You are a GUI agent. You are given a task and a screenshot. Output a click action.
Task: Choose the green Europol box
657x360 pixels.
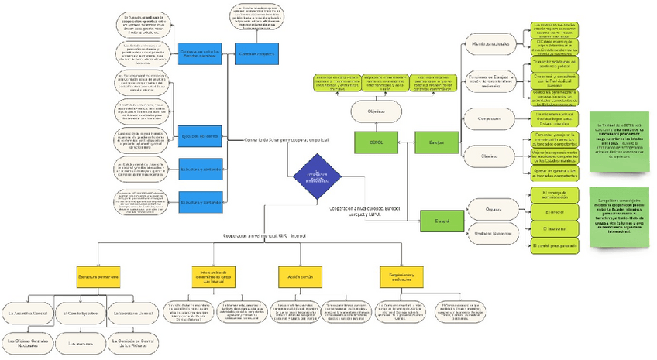(x=442, y=221)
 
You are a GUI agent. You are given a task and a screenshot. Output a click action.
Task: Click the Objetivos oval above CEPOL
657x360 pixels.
(x=370, y=110)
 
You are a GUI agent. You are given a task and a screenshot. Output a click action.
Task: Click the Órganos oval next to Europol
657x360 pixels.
(x=494, y=209)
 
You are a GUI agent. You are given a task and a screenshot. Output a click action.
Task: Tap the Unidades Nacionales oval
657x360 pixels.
(x=494, y=231)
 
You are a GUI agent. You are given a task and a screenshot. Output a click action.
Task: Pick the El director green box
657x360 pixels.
(x=554, y=211)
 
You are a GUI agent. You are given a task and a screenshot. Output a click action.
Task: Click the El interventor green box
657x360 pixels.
(x=554, y=228)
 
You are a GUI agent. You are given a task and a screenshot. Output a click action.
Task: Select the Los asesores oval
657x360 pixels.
(x=81, y=341)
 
